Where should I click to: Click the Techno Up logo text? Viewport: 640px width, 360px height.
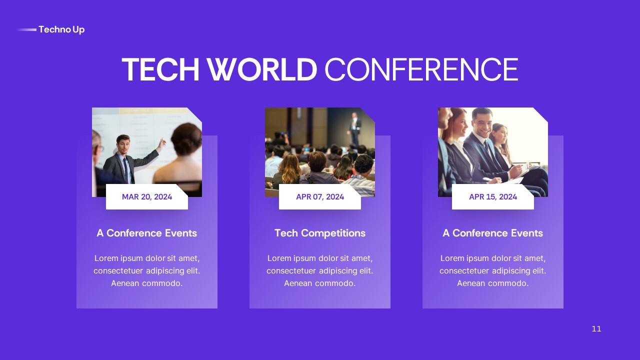[61, 29]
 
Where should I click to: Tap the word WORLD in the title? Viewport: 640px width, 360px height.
[262, 69]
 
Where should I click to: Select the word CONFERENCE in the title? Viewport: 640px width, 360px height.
[421, 69]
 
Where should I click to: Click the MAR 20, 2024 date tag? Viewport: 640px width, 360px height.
[147, 196]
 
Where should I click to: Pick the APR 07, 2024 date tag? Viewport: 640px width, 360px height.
[320, 196]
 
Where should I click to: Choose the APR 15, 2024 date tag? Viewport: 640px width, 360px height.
[493, 196]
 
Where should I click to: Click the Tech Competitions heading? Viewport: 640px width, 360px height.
[320, 233]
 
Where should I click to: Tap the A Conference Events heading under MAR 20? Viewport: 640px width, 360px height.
[147, 233]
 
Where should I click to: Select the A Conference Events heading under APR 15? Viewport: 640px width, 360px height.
[493, 233]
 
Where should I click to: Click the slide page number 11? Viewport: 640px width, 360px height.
[596, 328]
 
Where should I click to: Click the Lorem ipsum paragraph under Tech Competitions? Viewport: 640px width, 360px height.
[320, 270]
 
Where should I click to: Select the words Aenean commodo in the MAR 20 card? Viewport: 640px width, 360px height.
[147, 283]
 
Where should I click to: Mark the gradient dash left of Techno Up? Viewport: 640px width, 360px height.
[27, 29]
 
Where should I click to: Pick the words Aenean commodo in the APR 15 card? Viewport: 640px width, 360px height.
[493, 283]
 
